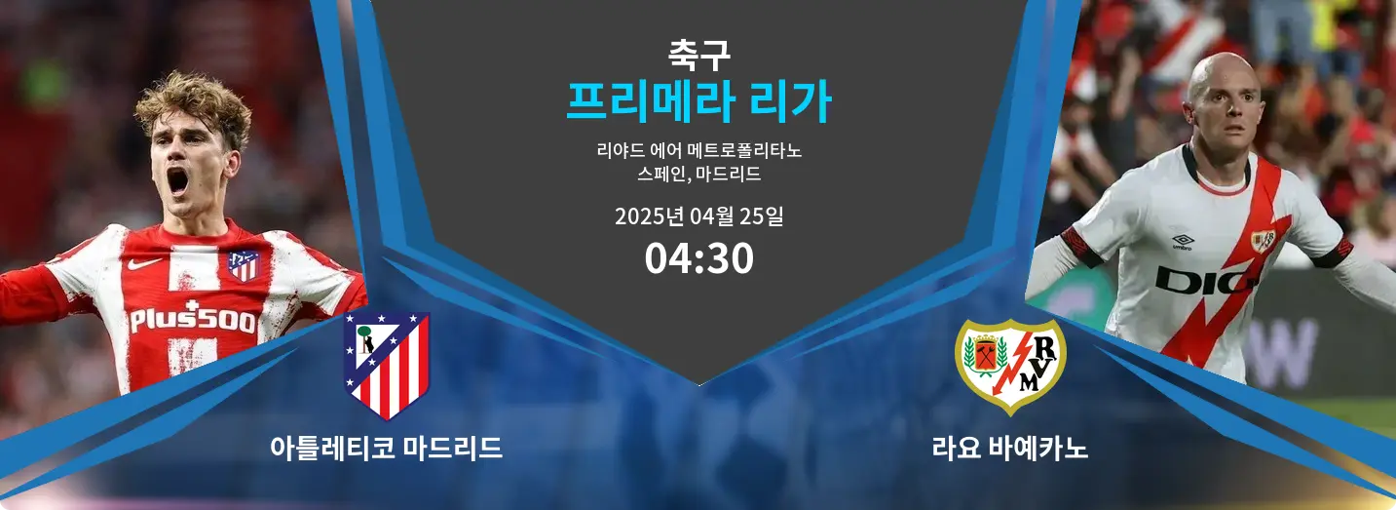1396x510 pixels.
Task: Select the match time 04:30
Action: (x=698, y=258)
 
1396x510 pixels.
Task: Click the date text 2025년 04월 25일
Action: (x=698, y=216)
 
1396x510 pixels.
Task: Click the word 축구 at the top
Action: (x=698, y=50)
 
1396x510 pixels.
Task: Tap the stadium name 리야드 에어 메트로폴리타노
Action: (x=698, y=151)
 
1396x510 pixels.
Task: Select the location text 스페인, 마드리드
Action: (x=698, y=176)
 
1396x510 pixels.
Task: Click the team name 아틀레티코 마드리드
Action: (x=386, y=449)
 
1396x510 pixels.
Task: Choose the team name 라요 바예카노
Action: (x=1010, y=449)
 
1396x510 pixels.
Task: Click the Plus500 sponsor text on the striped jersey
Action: (x=193, y=320)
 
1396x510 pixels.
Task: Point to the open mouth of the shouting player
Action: (x=177, y=180)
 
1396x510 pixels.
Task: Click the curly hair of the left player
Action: (x=192, y=101)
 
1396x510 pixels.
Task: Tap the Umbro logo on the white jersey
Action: (x=1183, y=240)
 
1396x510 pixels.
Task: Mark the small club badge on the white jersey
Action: (x=1263, y=240)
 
